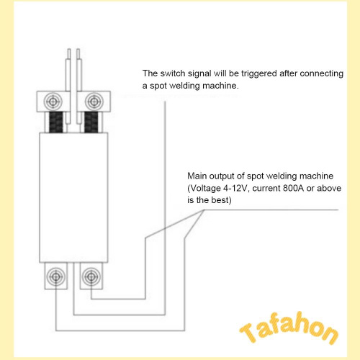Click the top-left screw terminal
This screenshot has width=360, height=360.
coord(53,102)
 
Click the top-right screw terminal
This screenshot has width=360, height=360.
coord(94,102)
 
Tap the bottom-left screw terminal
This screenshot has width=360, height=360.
coord(55,277)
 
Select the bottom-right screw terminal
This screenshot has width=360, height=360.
coord(91,277)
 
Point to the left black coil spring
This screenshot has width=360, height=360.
coord(56,122)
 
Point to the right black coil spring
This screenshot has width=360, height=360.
coord(91,122)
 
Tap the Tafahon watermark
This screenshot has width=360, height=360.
coord(289,328)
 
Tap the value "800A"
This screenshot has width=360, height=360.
coord(293,188)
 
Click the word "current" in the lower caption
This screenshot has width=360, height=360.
coord(266,189)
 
